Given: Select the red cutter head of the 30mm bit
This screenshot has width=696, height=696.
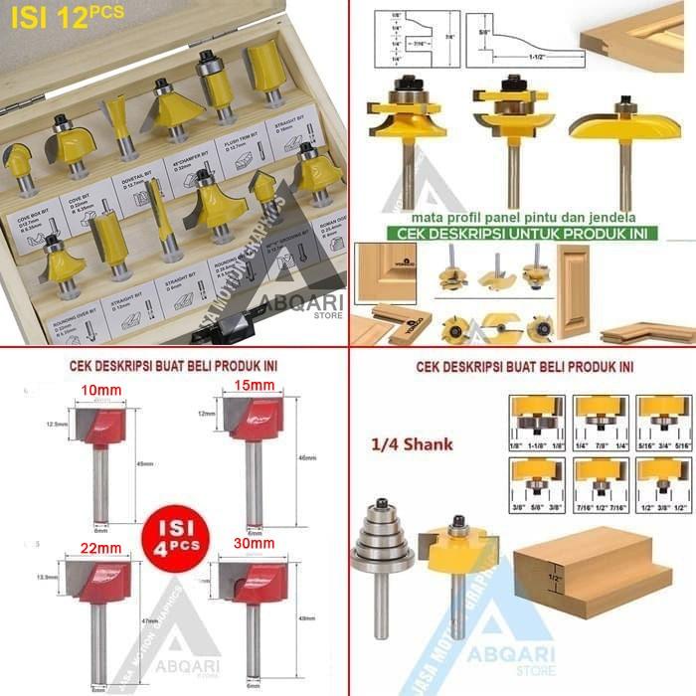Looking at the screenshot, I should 256,586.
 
